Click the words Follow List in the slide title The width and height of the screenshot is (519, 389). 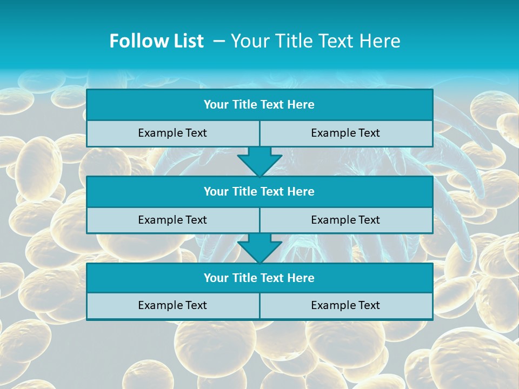pyautogui.click(x=156, y=41)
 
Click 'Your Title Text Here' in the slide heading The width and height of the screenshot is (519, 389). pyautogui.click(x=316, y=41)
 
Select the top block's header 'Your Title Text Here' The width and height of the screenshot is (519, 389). pyautogui.click(x=259, y=105)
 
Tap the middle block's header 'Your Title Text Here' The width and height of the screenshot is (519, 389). pyautogui.click(x=259, y=191)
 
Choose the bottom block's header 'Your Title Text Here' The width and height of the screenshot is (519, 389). pyautogui.click(x=259, y=278)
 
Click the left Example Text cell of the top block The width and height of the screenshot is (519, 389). pyautogui.click(x=172, y=133)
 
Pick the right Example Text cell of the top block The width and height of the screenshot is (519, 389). pyautogui.click(x=345, y=133)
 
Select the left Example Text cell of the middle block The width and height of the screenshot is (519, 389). pyautogui.click(x=172, y=220)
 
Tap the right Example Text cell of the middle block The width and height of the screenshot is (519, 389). pyautogui.click(x=345, y=220)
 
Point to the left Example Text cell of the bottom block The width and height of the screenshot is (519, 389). pyautogui.click(x=172, y=305)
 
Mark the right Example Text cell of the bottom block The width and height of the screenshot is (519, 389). pyautogui.click(x=345, y=305)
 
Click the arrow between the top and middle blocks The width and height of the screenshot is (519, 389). pyautogui.click(x=259, y=162)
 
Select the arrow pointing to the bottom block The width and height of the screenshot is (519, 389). pyautogui.click(x=259, y=249)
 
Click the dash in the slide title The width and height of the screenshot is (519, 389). pyautogui.click(x=219, y=41)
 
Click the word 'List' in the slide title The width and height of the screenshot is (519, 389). pyautogui.click(x=187, y=41)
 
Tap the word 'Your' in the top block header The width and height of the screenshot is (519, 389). pyautogui.click(x=216, y=105)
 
